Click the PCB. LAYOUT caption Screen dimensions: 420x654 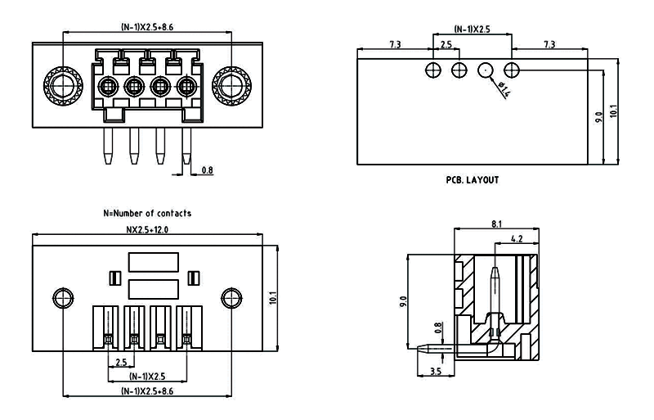[x=472, y=180]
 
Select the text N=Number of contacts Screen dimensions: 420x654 [x=147, y=213]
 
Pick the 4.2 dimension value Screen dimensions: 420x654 [x=516, y=239]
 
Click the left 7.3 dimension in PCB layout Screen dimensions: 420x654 [x=395, y=43]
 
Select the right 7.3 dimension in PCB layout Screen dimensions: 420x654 [x=549, y=43]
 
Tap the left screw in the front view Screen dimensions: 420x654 [x=60, y=85]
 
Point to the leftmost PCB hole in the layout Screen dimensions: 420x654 [x=433, y=70]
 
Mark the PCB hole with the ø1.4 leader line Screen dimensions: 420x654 [x=486, y=70]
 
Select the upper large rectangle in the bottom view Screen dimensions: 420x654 [x=153, y=262]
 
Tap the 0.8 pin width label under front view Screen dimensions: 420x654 [x=207, y=170]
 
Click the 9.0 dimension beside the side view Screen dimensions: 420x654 [x=403, y=302]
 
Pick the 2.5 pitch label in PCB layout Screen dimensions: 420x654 [x=446, y=43]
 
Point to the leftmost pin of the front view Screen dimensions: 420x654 [x=107, y=145]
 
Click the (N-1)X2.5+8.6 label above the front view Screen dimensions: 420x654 [x=147, y=27]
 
